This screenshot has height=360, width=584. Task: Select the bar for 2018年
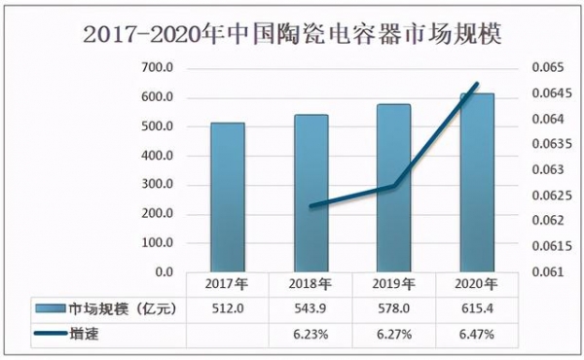(x=310, y=194)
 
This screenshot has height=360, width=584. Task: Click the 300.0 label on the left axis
(x=157, y=185)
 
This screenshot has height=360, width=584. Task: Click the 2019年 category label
(x=393, y=285)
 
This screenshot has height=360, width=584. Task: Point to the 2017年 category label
(x=228, y=285)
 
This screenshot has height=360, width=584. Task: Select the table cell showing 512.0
(x=228, y=309)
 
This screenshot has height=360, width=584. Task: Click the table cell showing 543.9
(x=310, y=309)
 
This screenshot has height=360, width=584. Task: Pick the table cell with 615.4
(x=477, y=309)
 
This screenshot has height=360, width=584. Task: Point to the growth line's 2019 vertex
(x=393, y=185)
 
